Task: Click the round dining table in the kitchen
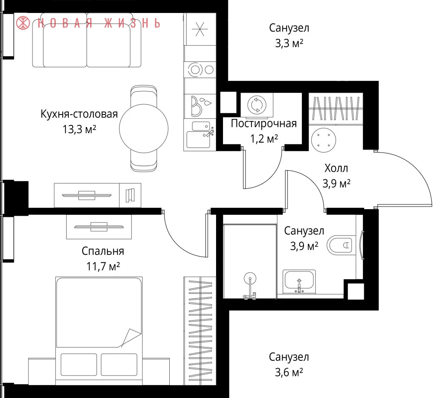pos(144,128)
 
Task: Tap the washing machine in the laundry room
pos(257,105)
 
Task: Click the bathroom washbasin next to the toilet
pos(299,282)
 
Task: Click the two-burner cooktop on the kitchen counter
pos(200,70)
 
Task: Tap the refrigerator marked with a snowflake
pos(200,29)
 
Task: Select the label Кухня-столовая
pos(79,114)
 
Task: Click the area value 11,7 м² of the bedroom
pos(103,267)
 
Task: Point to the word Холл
pos(336,168)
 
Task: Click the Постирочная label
pos(264,124)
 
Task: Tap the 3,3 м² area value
pos(289,43)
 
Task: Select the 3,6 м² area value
pos(289,373)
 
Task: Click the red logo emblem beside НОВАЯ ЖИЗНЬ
pos(23,23)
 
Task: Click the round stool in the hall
pos(323,140)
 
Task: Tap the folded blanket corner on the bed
pos(130,338)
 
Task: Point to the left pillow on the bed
pos(79,365)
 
